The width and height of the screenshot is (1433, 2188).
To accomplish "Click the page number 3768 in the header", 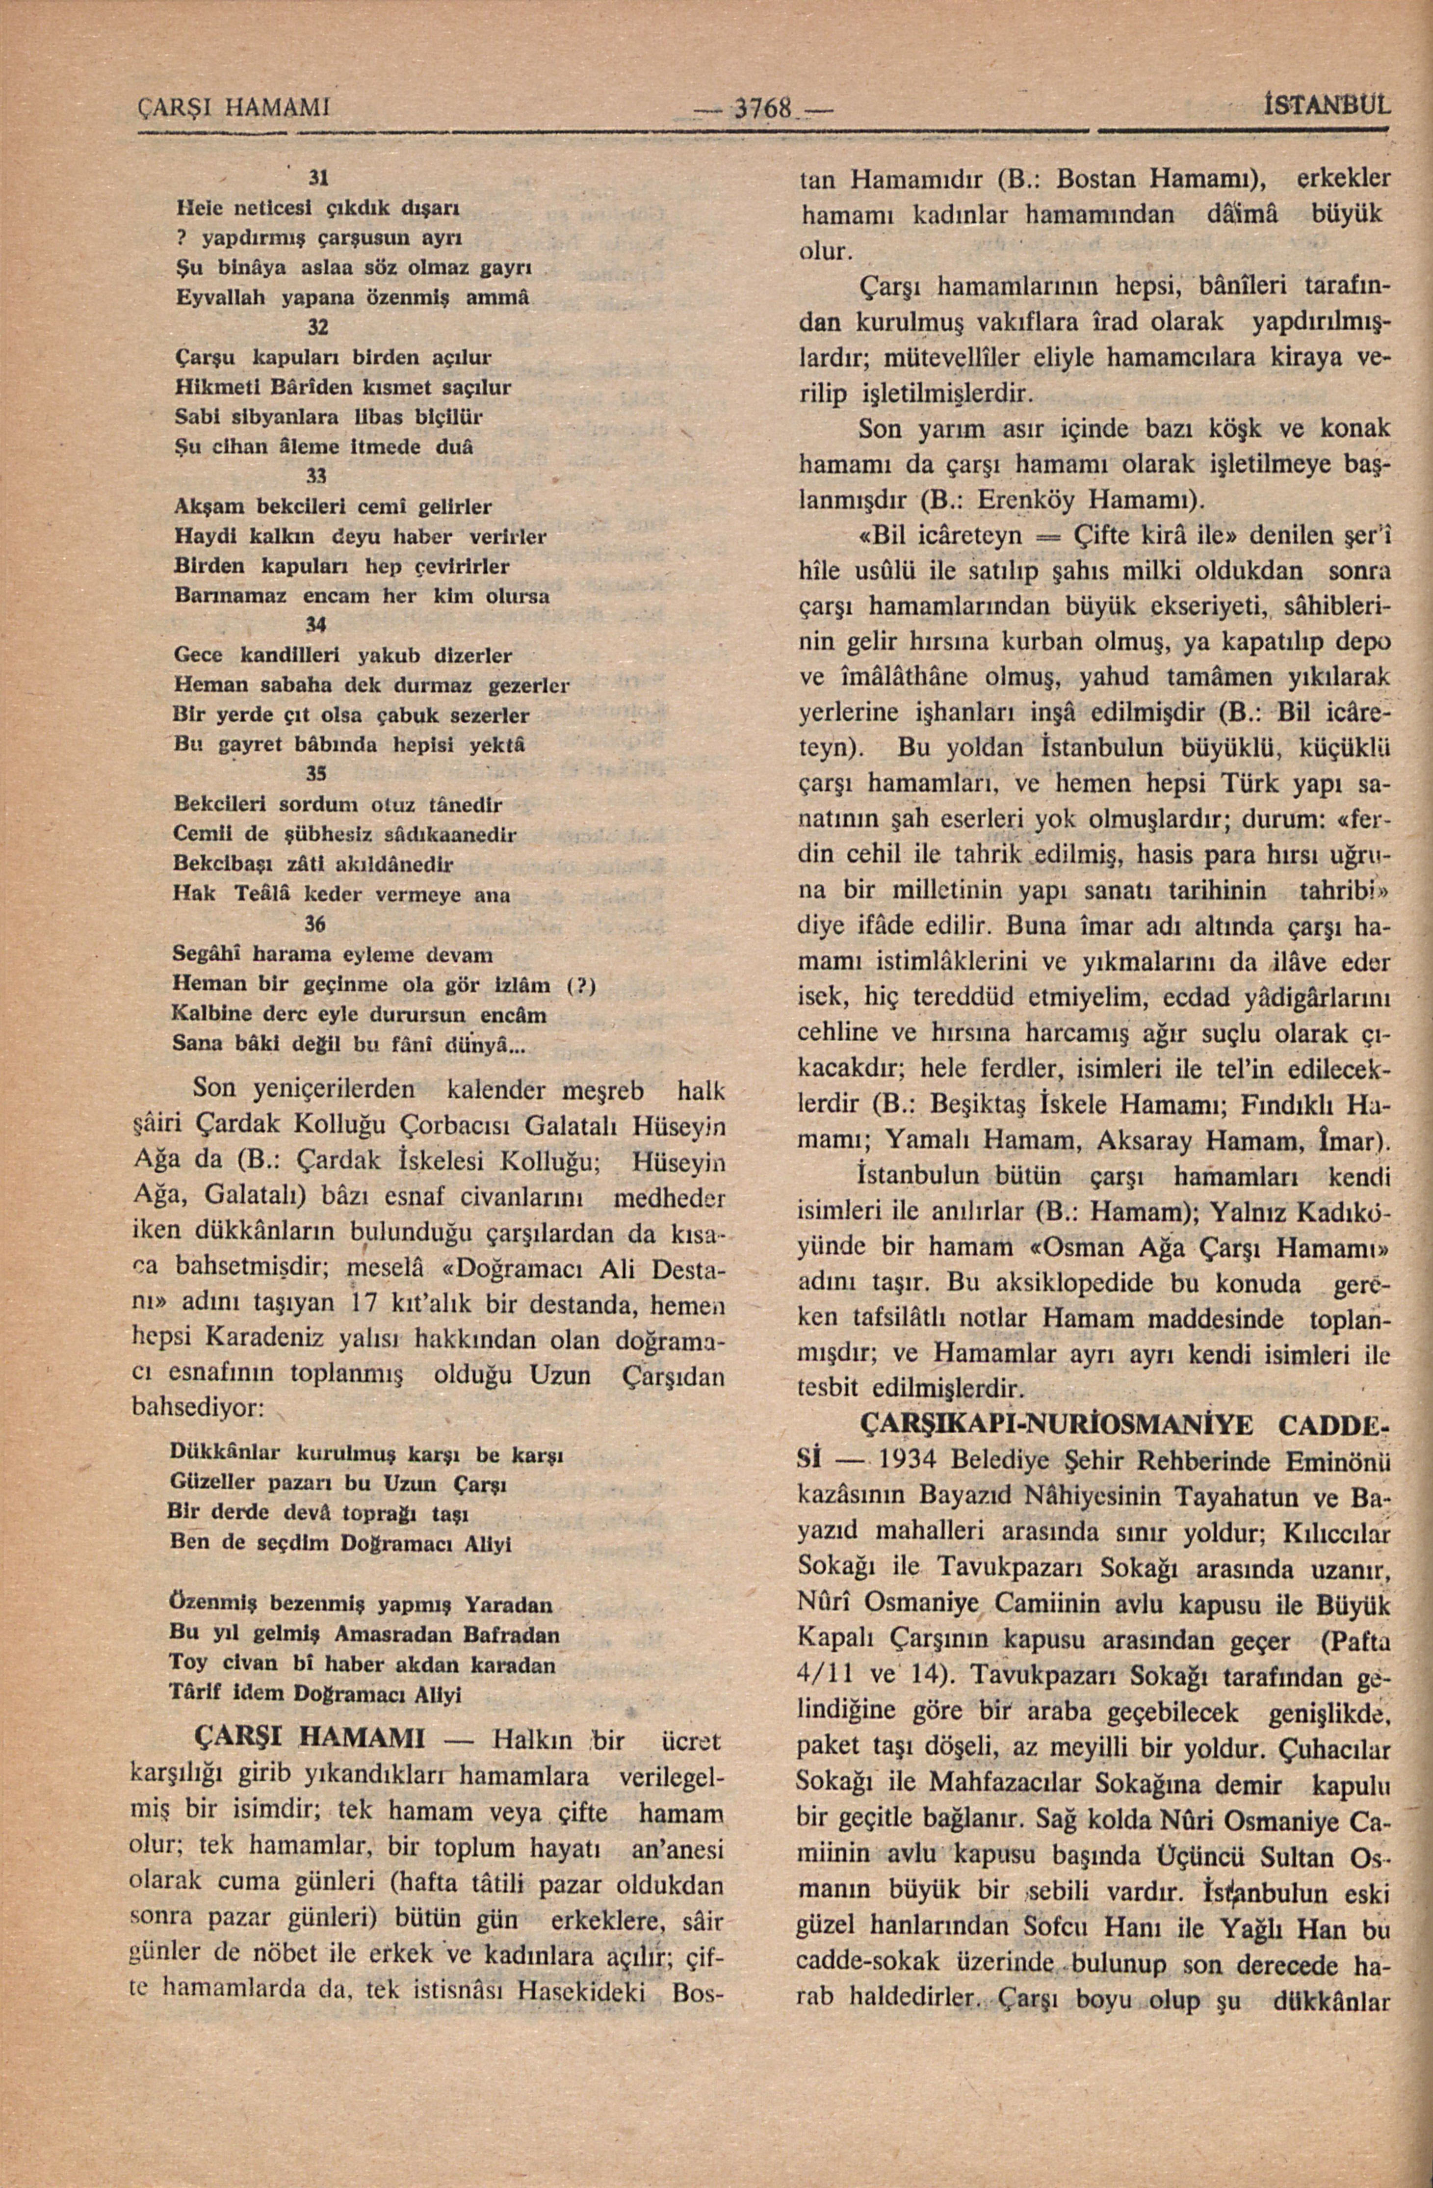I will tap(762, 108).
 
